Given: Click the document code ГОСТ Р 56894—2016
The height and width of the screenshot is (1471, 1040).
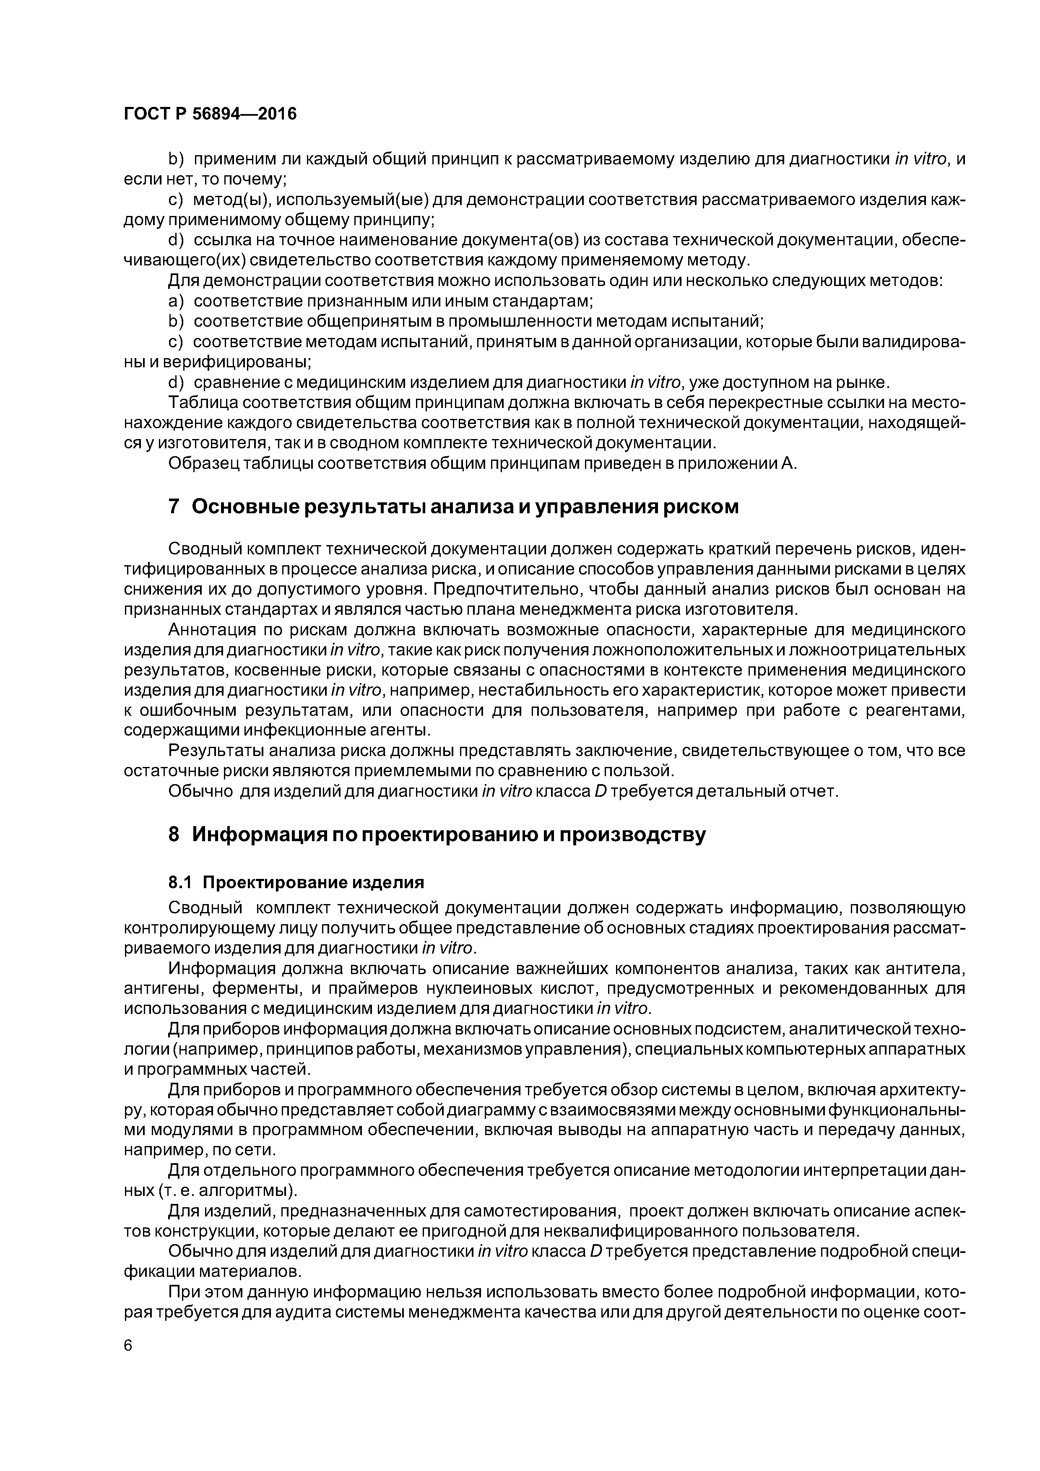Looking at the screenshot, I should (x=210, y=114).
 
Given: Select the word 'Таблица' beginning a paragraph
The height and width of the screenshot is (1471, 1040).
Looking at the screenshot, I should (x=202, y=403).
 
